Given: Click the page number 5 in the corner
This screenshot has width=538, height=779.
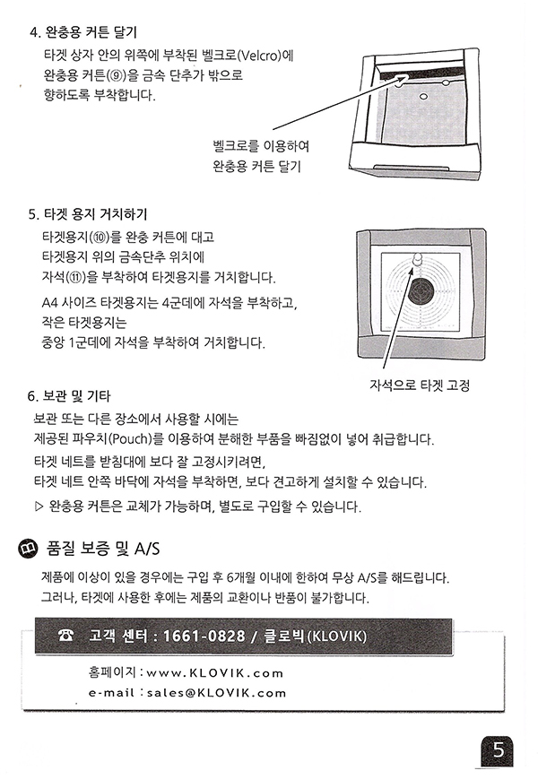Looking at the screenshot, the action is point(498,749).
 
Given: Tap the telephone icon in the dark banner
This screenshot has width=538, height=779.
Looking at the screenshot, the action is point(65,635).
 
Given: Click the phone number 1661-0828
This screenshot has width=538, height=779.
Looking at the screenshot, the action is point(204,636).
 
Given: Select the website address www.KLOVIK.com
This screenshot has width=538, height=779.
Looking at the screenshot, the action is point(214,673).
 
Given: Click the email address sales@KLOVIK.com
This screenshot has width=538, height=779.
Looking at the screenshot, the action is point(217,693).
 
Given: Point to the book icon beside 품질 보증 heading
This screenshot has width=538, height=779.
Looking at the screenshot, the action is point(27,549).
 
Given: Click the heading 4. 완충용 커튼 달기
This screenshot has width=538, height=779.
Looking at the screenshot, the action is point(83,33).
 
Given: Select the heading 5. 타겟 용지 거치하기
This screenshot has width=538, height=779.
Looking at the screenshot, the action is point(88,214).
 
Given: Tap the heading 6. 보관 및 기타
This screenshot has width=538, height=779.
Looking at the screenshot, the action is point(68,396).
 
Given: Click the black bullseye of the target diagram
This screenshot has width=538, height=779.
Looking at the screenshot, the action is point(421,291).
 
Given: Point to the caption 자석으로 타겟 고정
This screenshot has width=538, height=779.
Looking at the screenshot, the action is point(420,385).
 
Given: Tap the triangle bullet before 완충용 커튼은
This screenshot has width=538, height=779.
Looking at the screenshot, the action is point(39,506).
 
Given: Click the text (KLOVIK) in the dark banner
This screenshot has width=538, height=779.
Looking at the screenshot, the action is point(337,636).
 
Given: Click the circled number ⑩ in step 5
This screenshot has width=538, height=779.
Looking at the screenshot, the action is point(100,238).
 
